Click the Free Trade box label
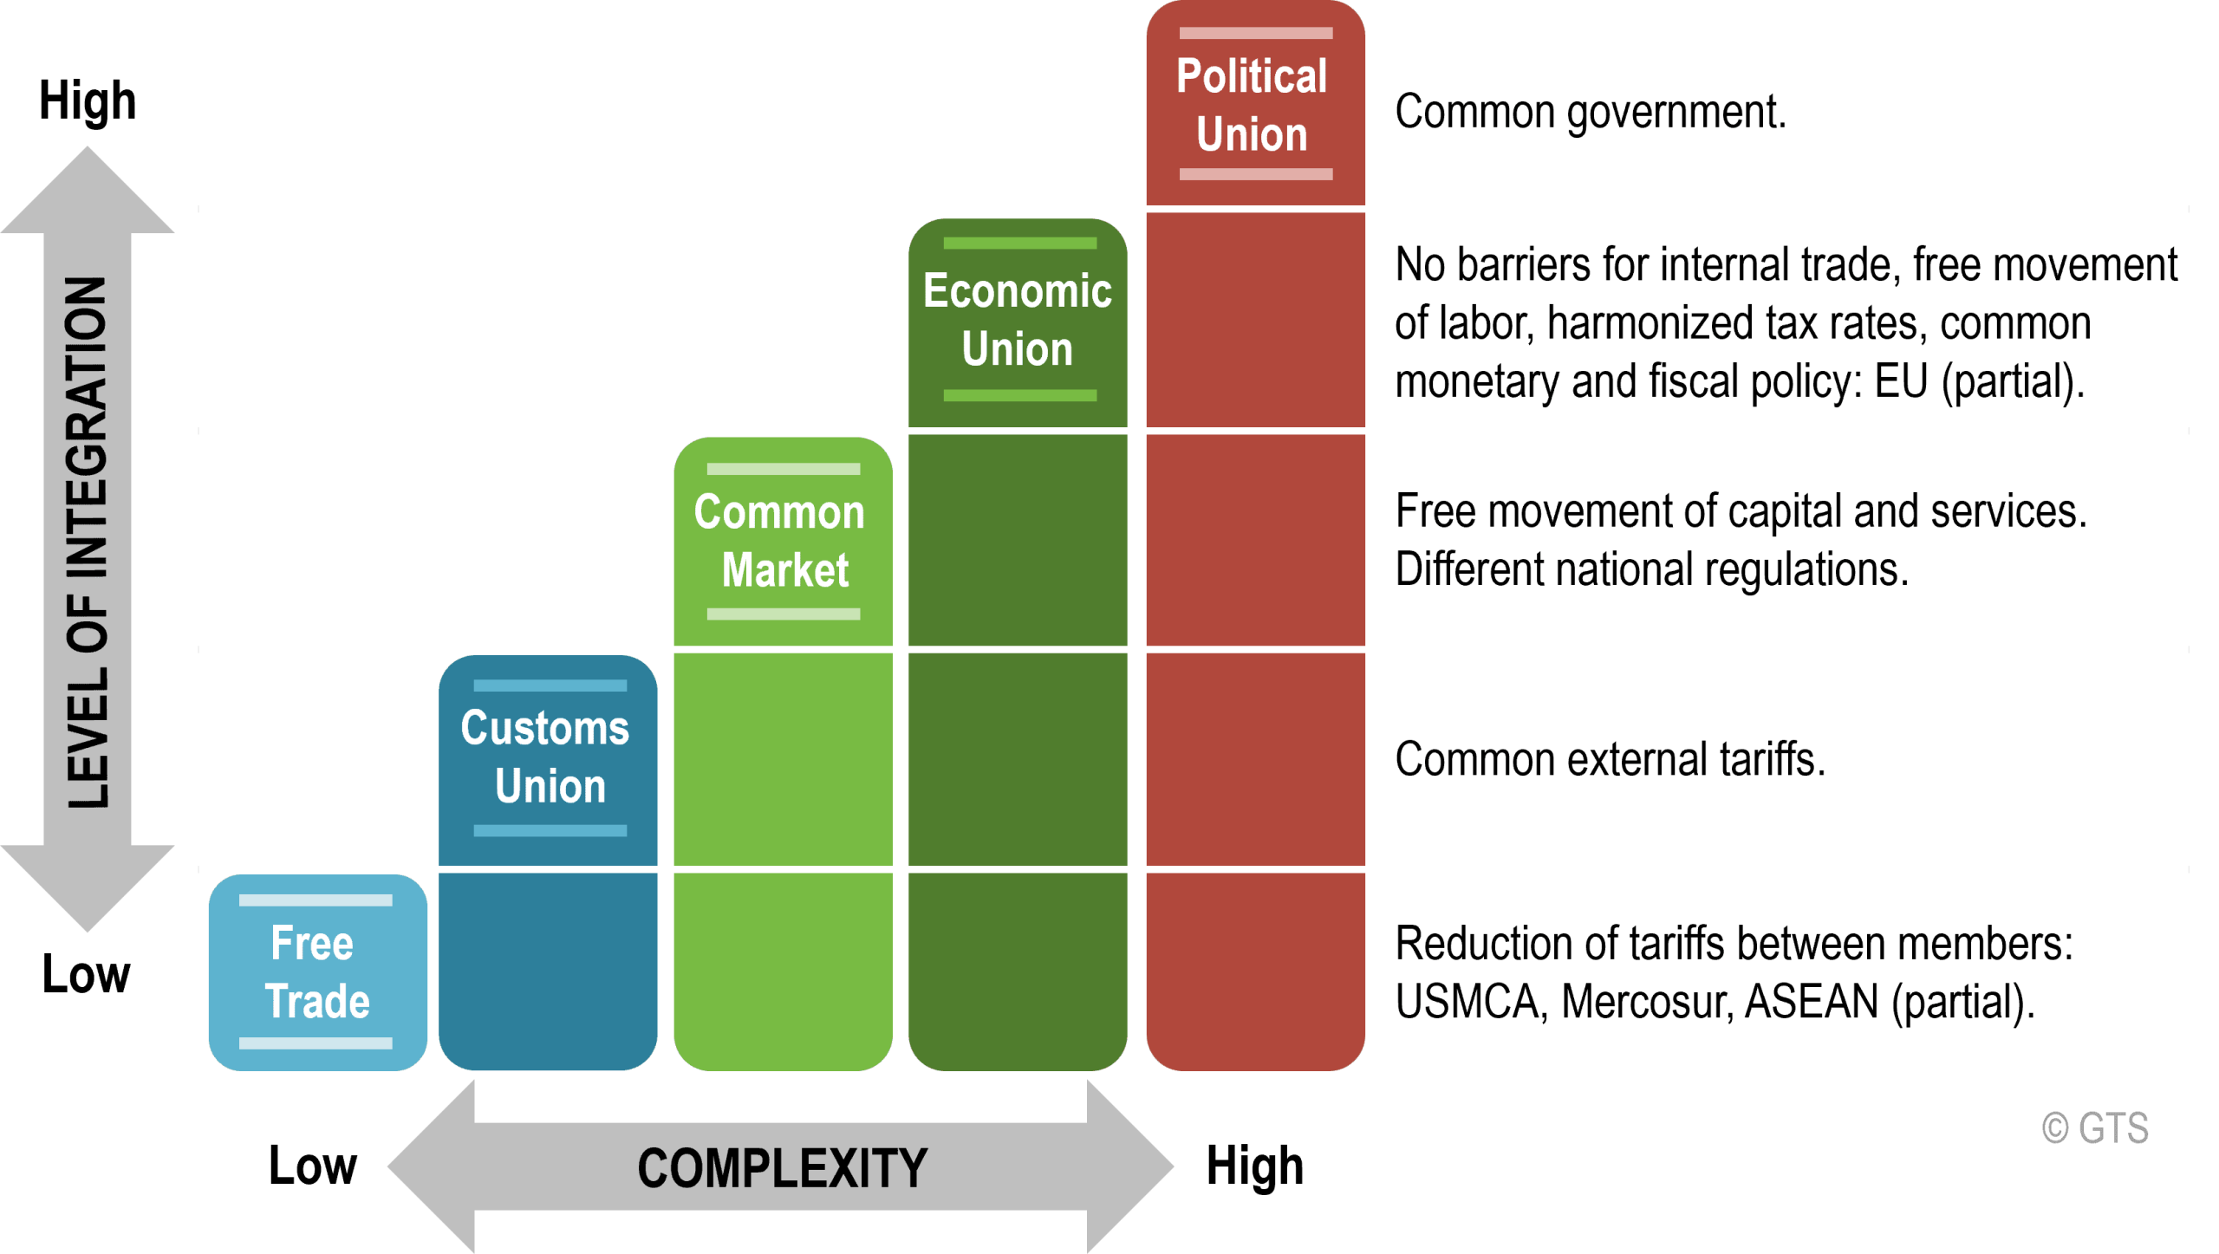317,971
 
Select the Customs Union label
546,757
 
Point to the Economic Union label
1018,320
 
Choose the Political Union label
1252,105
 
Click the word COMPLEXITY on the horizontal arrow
782,1167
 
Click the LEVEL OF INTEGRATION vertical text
88,543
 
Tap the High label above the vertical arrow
88,101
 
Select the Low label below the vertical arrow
86,974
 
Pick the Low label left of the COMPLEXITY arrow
312,1166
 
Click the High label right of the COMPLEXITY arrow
1254,1166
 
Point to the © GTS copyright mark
2095,1128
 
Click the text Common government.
1591,112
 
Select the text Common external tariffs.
1610,759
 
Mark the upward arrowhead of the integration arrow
88,191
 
